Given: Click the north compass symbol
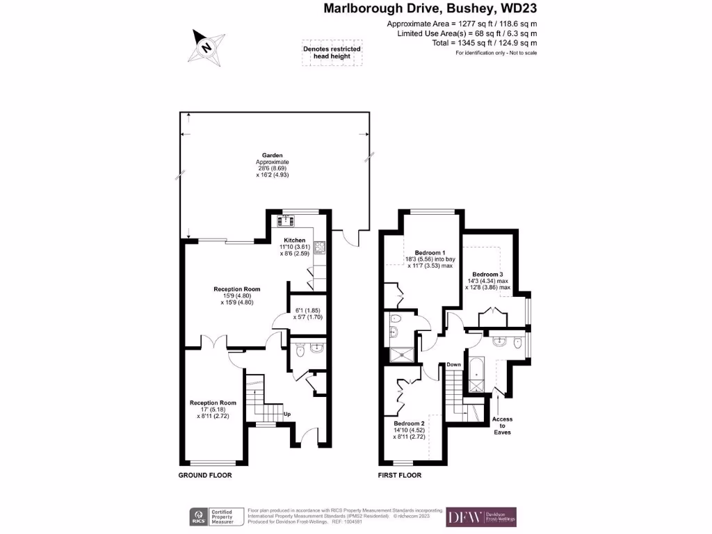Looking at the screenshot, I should (206, 47).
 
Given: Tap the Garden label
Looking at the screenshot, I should (272, 155).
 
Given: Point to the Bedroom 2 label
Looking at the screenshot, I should (409, 423).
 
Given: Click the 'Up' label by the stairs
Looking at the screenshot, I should (286, 414).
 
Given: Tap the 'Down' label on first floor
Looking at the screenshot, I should (454, 364).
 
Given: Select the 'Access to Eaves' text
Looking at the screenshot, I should (503, 426).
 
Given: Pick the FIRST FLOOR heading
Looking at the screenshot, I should (399, 476).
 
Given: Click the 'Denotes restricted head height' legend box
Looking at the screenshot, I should (332, 54).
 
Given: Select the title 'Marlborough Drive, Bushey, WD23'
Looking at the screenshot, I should (430, 9).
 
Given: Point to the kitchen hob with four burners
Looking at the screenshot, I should (321, 245).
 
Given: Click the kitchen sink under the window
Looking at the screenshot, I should (285, 221).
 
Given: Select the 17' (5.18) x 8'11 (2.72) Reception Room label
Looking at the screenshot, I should (213, 409).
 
